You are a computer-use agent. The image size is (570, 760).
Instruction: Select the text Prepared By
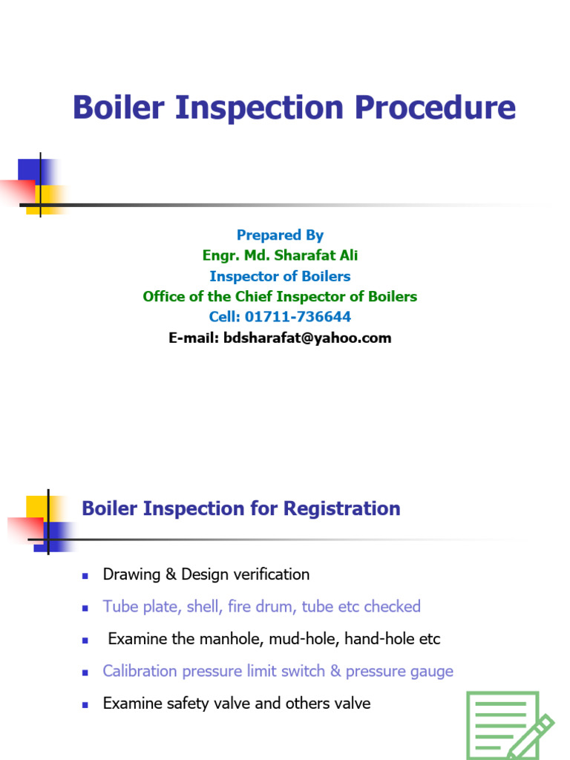(280, 235)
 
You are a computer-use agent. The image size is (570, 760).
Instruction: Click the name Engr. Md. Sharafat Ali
(280, 255)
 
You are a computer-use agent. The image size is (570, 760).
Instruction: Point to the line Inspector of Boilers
(280, 276)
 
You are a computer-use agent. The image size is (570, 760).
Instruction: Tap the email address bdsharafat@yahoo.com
(307, 338)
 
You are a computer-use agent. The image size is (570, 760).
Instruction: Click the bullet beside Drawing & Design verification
(85, 575)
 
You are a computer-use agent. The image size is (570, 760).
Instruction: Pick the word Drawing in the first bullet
(131, 574)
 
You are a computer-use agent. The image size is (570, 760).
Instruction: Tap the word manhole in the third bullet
(211, 639)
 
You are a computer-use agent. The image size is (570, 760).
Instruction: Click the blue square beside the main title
(30, 169)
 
